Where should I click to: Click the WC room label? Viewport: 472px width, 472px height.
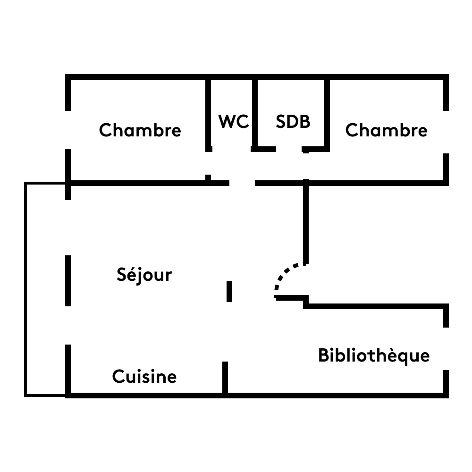coord(234,122)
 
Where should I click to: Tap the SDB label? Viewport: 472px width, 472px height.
coord(293,122)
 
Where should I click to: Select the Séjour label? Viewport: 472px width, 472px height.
coord(144,275)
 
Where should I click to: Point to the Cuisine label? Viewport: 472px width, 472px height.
coord(144,377)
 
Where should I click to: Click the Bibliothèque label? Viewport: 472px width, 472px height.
coord(374,355)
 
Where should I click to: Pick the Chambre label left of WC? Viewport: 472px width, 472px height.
coord(140,130)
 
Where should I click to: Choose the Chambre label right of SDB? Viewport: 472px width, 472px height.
coord(386,130)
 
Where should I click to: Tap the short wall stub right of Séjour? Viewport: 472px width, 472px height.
coord(229,291)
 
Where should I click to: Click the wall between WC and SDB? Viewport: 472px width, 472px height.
coord(255,113)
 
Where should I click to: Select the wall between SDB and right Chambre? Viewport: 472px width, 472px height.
coord(327,113)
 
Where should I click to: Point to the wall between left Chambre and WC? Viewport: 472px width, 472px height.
coord(208,113)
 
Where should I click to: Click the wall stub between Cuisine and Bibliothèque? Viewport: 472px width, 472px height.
coord(225,378)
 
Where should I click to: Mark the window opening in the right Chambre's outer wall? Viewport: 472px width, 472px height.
coord(446,132)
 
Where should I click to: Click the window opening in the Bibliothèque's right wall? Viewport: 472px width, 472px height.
coord(446,349)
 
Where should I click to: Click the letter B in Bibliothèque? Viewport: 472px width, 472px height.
coord(323,355)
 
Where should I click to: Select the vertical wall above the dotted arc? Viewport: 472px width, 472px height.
coord(306,222)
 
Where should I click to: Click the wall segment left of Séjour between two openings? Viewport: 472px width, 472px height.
coord(68,280)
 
